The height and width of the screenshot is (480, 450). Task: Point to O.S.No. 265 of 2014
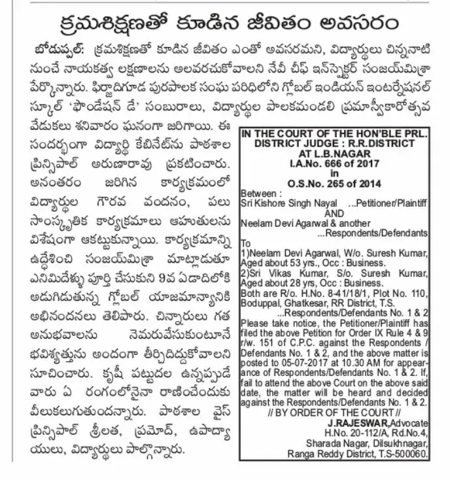334,184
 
